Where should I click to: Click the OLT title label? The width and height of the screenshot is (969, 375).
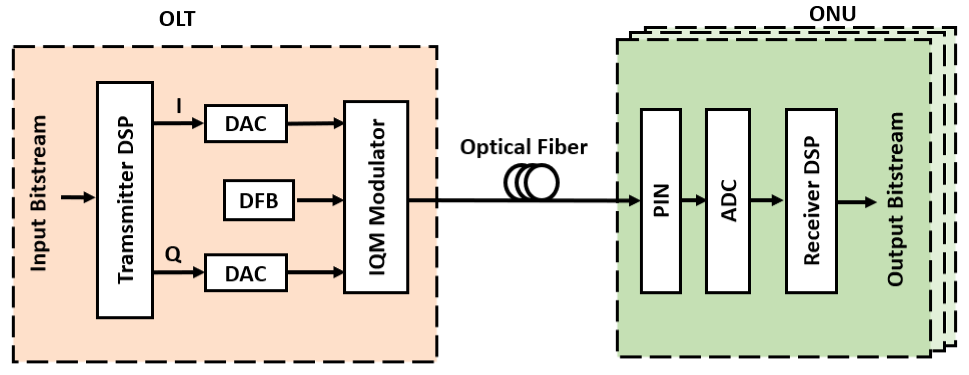(177, 19)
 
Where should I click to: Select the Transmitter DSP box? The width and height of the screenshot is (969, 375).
(125, 200)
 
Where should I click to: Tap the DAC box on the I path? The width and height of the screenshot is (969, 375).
(246, 123)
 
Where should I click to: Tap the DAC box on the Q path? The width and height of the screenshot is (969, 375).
(246, 273)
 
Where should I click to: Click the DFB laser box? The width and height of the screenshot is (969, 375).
(259, 200)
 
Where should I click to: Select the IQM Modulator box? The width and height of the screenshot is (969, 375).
(377, 197)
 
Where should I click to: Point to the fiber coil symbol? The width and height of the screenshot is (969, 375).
(531, 183)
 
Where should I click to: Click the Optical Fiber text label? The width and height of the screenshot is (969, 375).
(523, 147)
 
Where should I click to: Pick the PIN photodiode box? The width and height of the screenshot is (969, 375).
(660, 201)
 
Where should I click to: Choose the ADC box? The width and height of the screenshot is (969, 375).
(728, 201)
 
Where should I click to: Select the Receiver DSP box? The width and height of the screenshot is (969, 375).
(811, 201)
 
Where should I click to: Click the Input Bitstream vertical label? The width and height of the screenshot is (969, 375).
(38, 194)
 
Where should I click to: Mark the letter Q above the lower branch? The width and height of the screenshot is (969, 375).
(173, 255)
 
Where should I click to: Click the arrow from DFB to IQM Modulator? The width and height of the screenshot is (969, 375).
(320, 200)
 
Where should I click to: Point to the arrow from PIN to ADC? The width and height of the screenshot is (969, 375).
(693, 201)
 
